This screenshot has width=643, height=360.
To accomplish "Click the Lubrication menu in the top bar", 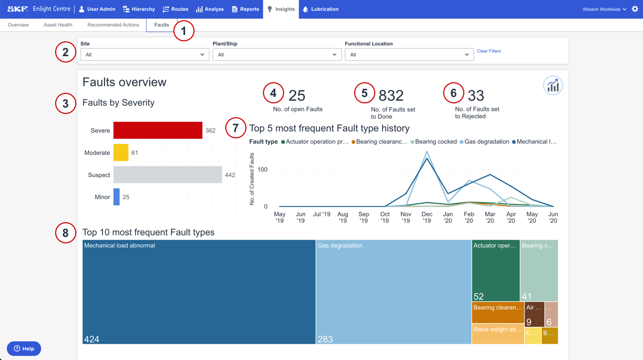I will [320, 9].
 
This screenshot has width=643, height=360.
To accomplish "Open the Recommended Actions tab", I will [113, 25].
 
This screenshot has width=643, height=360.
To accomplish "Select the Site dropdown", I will [144, 55].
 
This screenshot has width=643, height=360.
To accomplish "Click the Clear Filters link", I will [489, 51].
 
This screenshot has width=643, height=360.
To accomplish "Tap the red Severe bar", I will [157, 130].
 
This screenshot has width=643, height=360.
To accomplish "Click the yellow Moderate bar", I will [121, 153].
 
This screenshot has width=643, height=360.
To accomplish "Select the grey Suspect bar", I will [168, 175].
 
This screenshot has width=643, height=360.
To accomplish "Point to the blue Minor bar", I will [117, 197].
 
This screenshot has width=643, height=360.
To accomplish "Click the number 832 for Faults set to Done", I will [391, 95].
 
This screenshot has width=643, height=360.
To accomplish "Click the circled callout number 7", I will [236, 128].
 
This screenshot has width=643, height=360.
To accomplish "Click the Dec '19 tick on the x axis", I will [427, 217].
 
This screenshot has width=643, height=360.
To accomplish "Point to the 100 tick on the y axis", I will [263, 170].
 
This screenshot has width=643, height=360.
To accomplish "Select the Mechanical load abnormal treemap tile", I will [199, 292].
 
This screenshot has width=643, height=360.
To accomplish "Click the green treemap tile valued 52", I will [495, 270].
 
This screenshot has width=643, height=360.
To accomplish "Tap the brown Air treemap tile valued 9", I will [534, 314].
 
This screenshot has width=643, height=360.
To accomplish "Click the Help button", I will [24, 348].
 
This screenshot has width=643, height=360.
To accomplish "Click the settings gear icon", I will [635, 9].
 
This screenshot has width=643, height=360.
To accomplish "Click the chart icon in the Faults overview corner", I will [552, 86].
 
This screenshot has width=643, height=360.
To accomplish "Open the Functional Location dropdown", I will [409, 55].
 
